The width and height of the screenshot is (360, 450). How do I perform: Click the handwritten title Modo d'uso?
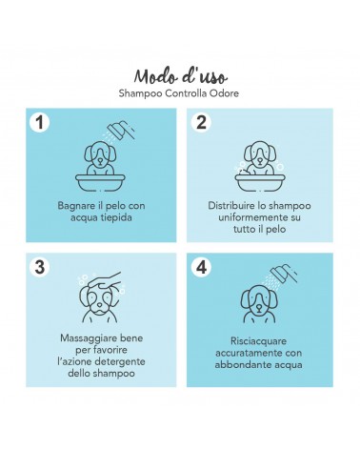[x=180, y=76]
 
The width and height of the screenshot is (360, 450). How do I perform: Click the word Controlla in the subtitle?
[x=186, y=93]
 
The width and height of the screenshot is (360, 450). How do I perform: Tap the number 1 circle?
[x=40, y=122]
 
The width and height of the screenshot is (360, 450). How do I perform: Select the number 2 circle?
[x=201, y=122]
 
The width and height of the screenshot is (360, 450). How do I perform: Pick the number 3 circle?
[x=40, y=267]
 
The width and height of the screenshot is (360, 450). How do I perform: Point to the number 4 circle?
[x=201, y=267]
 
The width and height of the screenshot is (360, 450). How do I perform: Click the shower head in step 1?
[x=120, y=130]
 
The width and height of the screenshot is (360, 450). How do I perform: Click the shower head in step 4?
[x=284, y=273]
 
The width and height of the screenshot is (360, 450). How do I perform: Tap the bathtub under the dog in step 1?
[x=100, y=182]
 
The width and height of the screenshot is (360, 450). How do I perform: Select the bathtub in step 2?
[x=260, y=182]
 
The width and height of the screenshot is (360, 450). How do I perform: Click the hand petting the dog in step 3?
[x=107, y=280]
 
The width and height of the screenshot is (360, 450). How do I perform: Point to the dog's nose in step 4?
[x=259, y=308]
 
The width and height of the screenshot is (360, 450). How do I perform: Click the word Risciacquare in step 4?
[x=258, y=341]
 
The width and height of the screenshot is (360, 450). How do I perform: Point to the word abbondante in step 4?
[x=239, y=365]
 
